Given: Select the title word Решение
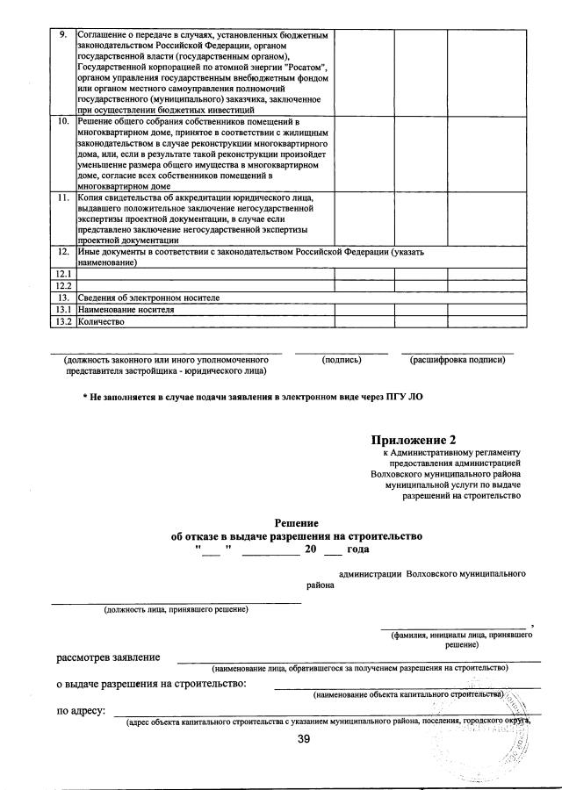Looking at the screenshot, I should [297, 521].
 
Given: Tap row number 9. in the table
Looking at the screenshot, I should [61, 35].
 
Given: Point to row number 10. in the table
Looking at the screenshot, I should [63, 121].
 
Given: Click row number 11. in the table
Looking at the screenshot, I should [63, 197].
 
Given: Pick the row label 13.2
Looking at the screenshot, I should [62, 321].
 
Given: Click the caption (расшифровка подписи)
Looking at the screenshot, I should [458, 360].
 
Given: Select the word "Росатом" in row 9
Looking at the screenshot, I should [304, 67].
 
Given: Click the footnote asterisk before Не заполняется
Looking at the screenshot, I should [85, 397].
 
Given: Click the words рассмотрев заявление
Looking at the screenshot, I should [108, 657].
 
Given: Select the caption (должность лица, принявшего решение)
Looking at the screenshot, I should [176, 609].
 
